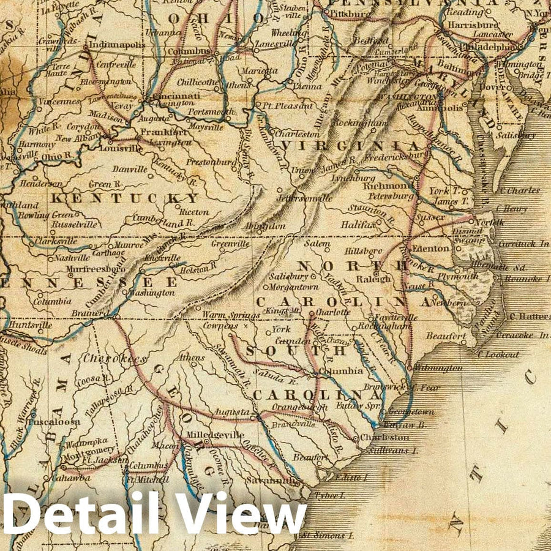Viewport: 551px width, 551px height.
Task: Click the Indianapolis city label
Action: tap(116, 45)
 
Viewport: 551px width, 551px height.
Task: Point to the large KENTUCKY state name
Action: tap(126, 198)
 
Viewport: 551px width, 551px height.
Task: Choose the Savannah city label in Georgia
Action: tap(279, 481)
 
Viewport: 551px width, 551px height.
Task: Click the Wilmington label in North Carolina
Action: tap(438, 368)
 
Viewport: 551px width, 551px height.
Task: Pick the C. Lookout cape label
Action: tap(497, 354)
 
